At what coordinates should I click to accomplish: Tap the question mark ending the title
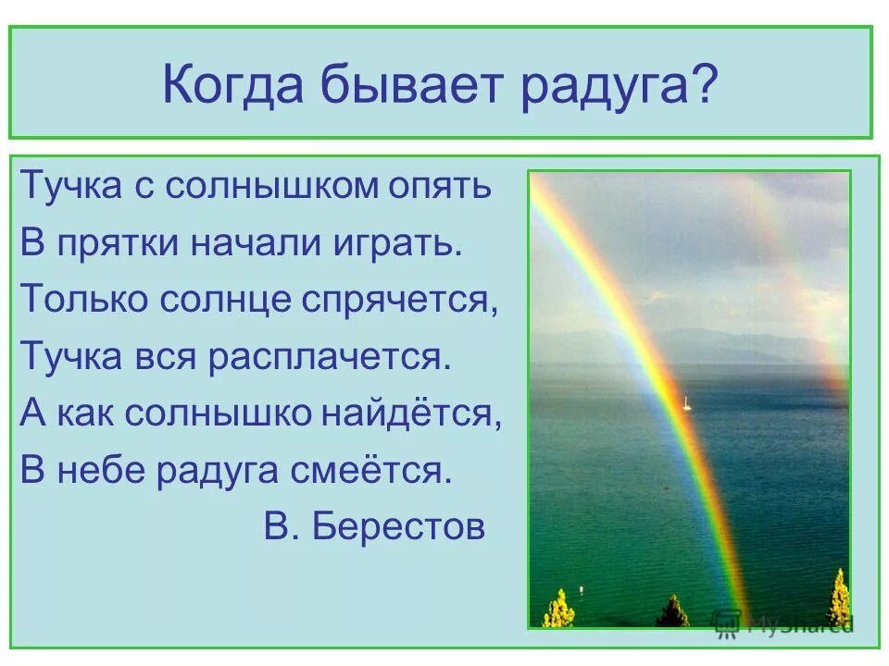tap(707, 86)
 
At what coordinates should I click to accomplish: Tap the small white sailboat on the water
tap(685, 402)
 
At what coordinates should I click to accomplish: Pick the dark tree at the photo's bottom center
tap(673, 611)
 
